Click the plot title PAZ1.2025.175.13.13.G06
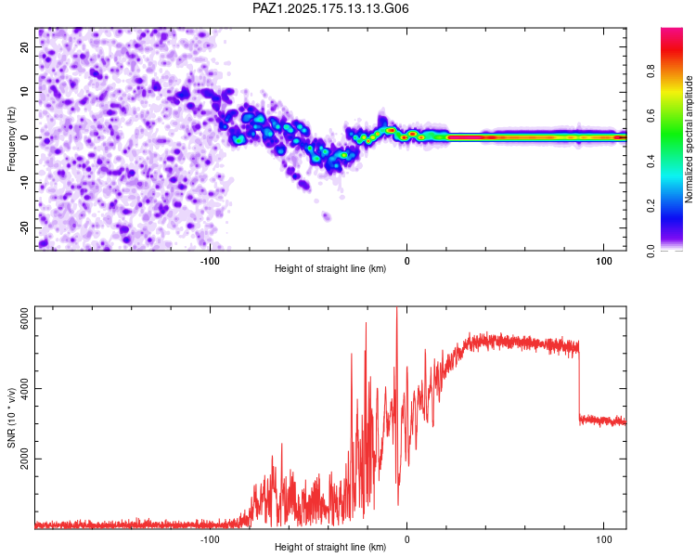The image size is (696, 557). [x=330, y=8]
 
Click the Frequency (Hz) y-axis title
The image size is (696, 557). [x=11, y=139]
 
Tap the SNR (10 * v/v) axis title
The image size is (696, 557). [x=11, y=418]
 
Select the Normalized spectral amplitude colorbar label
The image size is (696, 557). [x=689, y=139]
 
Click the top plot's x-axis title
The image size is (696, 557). [x=330, y=268]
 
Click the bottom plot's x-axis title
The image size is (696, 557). [x=330, y=547]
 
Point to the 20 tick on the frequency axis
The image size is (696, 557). [x=25, y=46]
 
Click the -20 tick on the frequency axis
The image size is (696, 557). [x=25, y=227]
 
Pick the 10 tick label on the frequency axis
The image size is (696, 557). [x=25, y=92]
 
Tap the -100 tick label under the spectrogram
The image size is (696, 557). [x=210, y=261]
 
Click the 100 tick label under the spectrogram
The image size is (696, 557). [x=604, y=261]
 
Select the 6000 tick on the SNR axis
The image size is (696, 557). [x=25, y=318]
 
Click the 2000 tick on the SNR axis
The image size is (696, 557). [x=25, y=459]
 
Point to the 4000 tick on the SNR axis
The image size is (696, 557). [x=25, y=389]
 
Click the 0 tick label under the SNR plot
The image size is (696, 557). [x=407, y=539]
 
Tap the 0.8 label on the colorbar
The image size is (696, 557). [x=651, y=71]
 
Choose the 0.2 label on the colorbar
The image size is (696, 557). [x=651, y=206]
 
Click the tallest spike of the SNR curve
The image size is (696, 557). [x=397, y=308]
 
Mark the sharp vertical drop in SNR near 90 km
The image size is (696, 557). [x=579, y=382]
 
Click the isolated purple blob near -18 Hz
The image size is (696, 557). [x=327, y=216]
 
